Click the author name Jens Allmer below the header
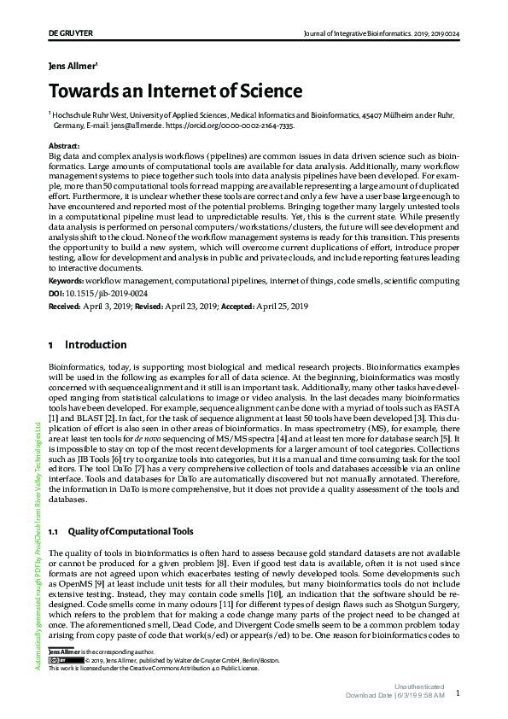[73, 64]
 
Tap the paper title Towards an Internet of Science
[174, 91]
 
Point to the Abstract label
[64, 147]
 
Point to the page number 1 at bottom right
[458, 694]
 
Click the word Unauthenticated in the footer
[419, 687]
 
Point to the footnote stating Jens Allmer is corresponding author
[94, 652]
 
